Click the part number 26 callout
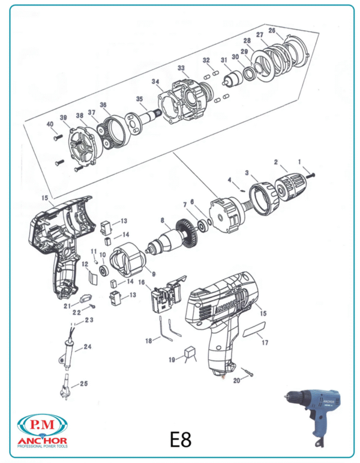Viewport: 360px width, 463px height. click(x=272, y=31)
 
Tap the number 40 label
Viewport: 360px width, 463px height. click(x=50, y=124)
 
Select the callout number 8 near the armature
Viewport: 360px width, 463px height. click(x=162, y=220)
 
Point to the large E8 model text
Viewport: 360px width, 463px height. click(x=181, y=439)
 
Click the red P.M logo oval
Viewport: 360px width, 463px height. click(x=43, y=425)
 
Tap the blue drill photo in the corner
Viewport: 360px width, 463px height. click(x=311, y=416)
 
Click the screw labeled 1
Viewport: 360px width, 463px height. click(x=310, y=175)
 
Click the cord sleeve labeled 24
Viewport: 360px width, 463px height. click(x=67, y=354)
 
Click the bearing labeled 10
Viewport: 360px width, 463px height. click(x=103, y=270)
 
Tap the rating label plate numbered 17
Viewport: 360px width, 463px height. click(x=254, y=329)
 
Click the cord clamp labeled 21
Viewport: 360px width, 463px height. click(x=86, y=298)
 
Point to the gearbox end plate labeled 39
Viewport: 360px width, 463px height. click(x=83, y=145)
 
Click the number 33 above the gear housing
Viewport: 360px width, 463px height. click(x=181, y=68)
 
